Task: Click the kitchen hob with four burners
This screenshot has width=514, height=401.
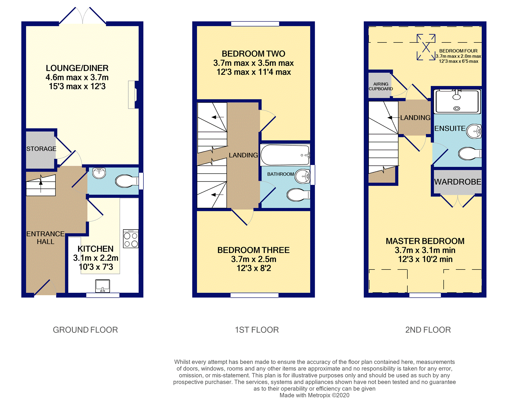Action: [x=131, y=239]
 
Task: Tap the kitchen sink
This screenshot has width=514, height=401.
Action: [x=103, y=286]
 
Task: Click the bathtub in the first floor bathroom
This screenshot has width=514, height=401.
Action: [x=285, y=155]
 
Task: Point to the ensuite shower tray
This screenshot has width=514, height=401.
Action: [x=457, y=101]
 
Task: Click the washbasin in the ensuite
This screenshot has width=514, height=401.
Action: [x=474, y=131]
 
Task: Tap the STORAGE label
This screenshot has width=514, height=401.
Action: [x=41, y=149]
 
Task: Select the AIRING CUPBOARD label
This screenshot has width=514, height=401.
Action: [x=381, y=86]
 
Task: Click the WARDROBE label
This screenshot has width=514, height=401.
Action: [x=458, y=182]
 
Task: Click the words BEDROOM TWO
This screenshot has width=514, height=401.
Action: [x=253, y=54]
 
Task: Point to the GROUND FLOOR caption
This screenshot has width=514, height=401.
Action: [x=85, y=330]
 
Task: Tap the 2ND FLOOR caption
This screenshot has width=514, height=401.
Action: [x=428, y=330]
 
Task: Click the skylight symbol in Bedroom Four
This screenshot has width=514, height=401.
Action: [x=426, y=47]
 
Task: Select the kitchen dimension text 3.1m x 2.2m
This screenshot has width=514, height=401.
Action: [x=96, y=258]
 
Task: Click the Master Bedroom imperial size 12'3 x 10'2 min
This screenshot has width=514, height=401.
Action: [x=425, y=259]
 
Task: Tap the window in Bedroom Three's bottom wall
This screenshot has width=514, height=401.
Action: [x=254, y=295]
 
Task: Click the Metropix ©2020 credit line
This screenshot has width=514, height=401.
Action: [x=314, y=395]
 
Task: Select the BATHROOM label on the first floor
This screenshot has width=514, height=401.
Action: [x=280, y=174]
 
